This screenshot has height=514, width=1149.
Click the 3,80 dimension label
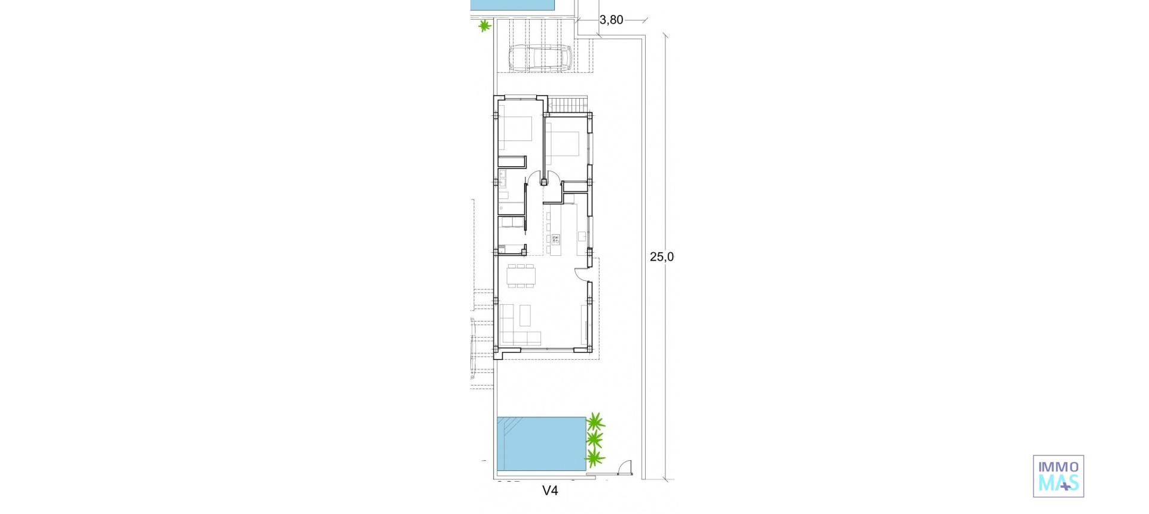click(611, 20)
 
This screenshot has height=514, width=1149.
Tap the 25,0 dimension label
click(662, 257)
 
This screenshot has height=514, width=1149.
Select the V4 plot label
click(550, 491)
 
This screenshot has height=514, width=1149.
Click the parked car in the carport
click(540, 58)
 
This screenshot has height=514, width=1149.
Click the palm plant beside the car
click(484, 26)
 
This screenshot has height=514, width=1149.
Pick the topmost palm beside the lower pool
click(595, 423)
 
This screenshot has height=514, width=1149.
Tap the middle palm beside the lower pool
click(594, 440)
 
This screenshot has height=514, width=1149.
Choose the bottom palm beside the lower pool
click(594, 458)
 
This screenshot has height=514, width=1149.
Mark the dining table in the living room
click(521, 276)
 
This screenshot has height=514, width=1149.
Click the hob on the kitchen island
click(555, 240)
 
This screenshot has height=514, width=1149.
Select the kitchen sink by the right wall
click(582, 236)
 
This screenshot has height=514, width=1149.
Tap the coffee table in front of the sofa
click(525, 315)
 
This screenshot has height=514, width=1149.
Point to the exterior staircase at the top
click(569, 105)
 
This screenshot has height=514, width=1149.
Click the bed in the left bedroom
click(516, 133)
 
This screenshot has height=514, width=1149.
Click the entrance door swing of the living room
click(581, 273)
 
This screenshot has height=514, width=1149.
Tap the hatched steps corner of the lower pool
click(509, 427)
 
